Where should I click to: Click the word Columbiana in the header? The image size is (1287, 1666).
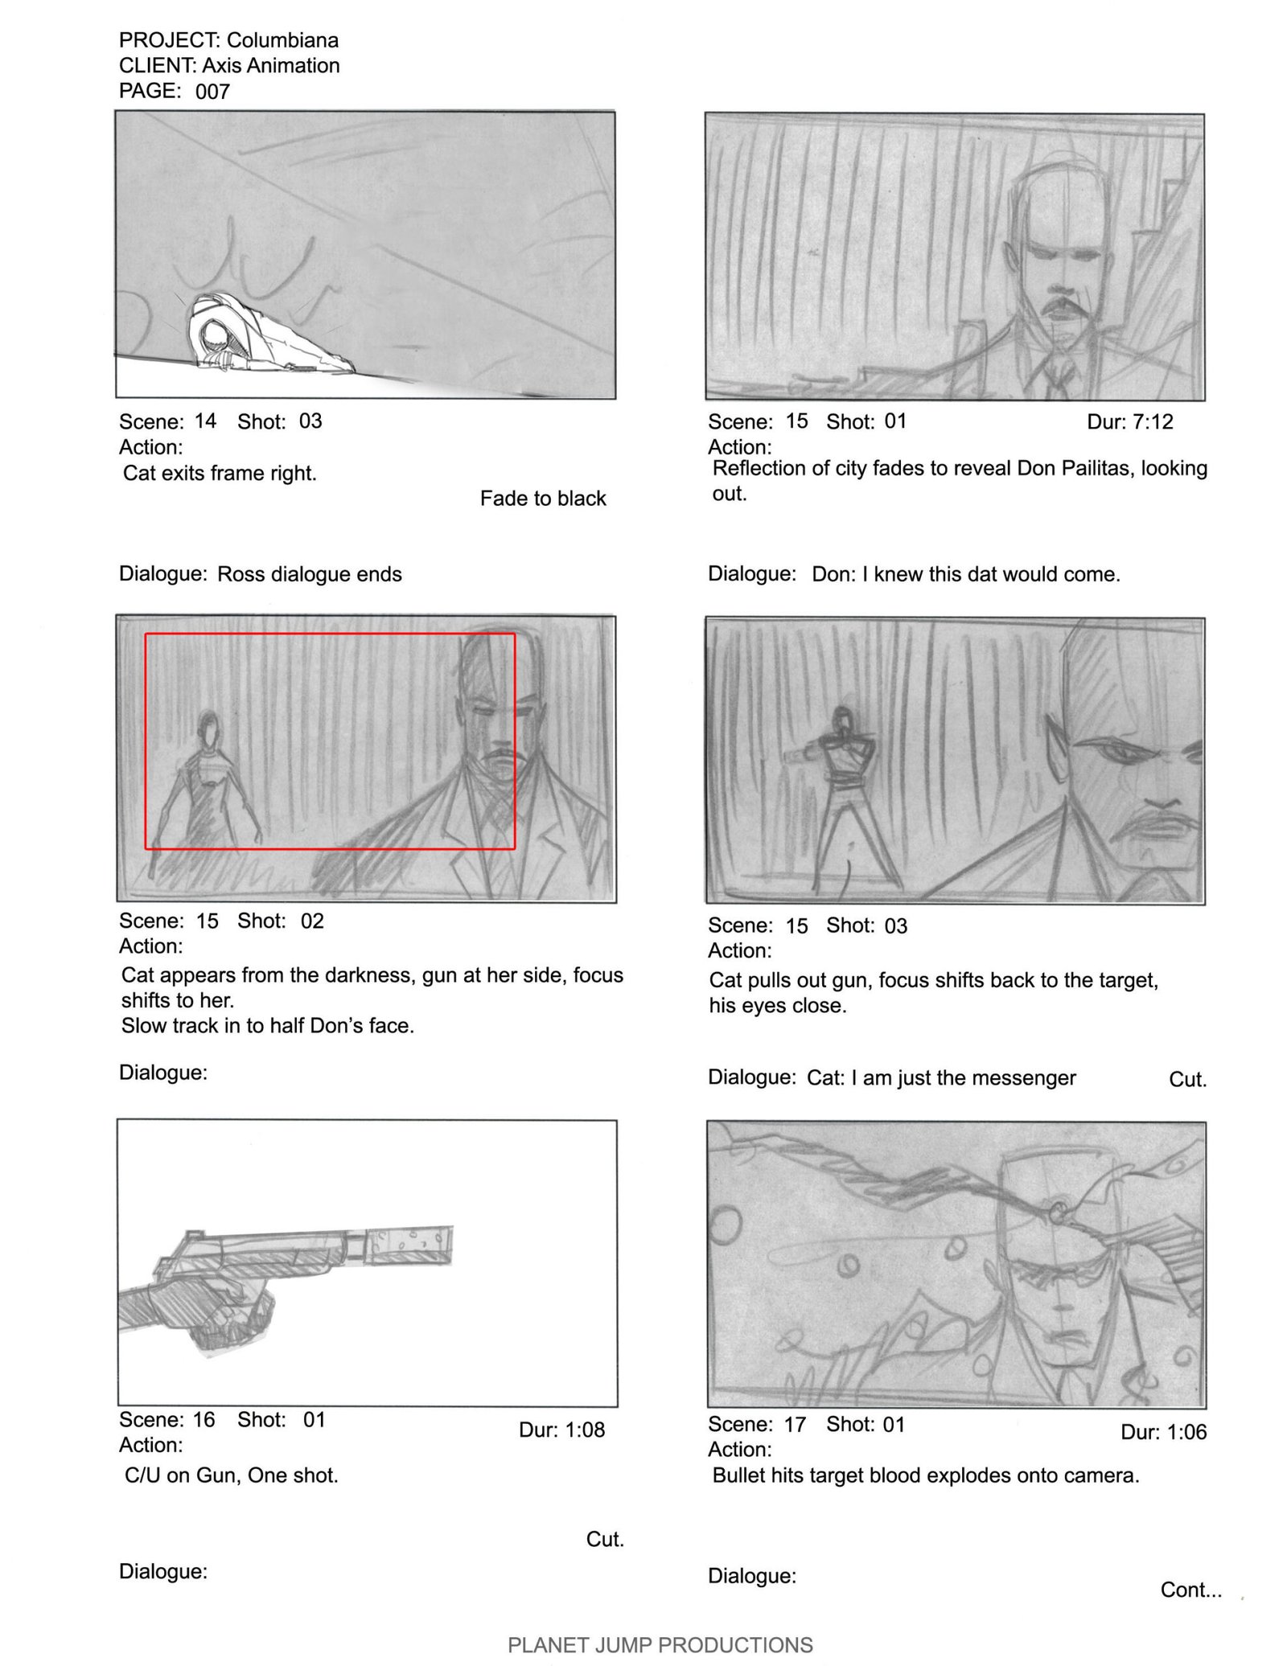pyautogui.click(x=282, y=40)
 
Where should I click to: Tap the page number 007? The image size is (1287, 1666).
pyautogui.click(x=212, y=92)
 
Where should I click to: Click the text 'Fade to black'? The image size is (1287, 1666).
pyautogui.click(x=543, y=499)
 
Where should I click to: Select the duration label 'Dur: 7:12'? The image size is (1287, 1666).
pyautogui.click(x=1130, y=421)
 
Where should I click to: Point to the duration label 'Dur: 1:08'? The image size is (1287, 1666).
pyautogui.click(x=561, y=1430)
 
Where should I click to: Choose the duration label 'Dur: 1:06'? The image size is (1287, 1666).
pyautogui.click(x=1164, y=1432)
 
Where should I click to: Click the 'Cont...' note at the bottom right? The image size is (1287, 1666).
pyautogui.click(x=1191, y=1590)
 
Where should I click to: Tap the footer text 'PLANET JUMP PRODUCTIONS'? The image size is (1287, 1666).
pyautogui.click(x=660, y=1645)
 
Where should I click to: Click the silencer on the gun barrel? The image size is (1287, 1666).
pyautogui.click(x=409, y=1245)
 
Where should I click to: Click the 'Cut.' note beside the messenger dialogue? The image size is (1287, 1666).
pyautogui.click(x=1188, y=1079)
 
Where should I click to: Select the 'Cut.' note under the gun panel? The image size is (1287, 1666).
pyautogui.click(x=605, y=1539)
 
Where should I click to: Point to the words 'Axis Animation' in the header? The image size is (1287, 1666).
pyautogui.click(x=271, y=65)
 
